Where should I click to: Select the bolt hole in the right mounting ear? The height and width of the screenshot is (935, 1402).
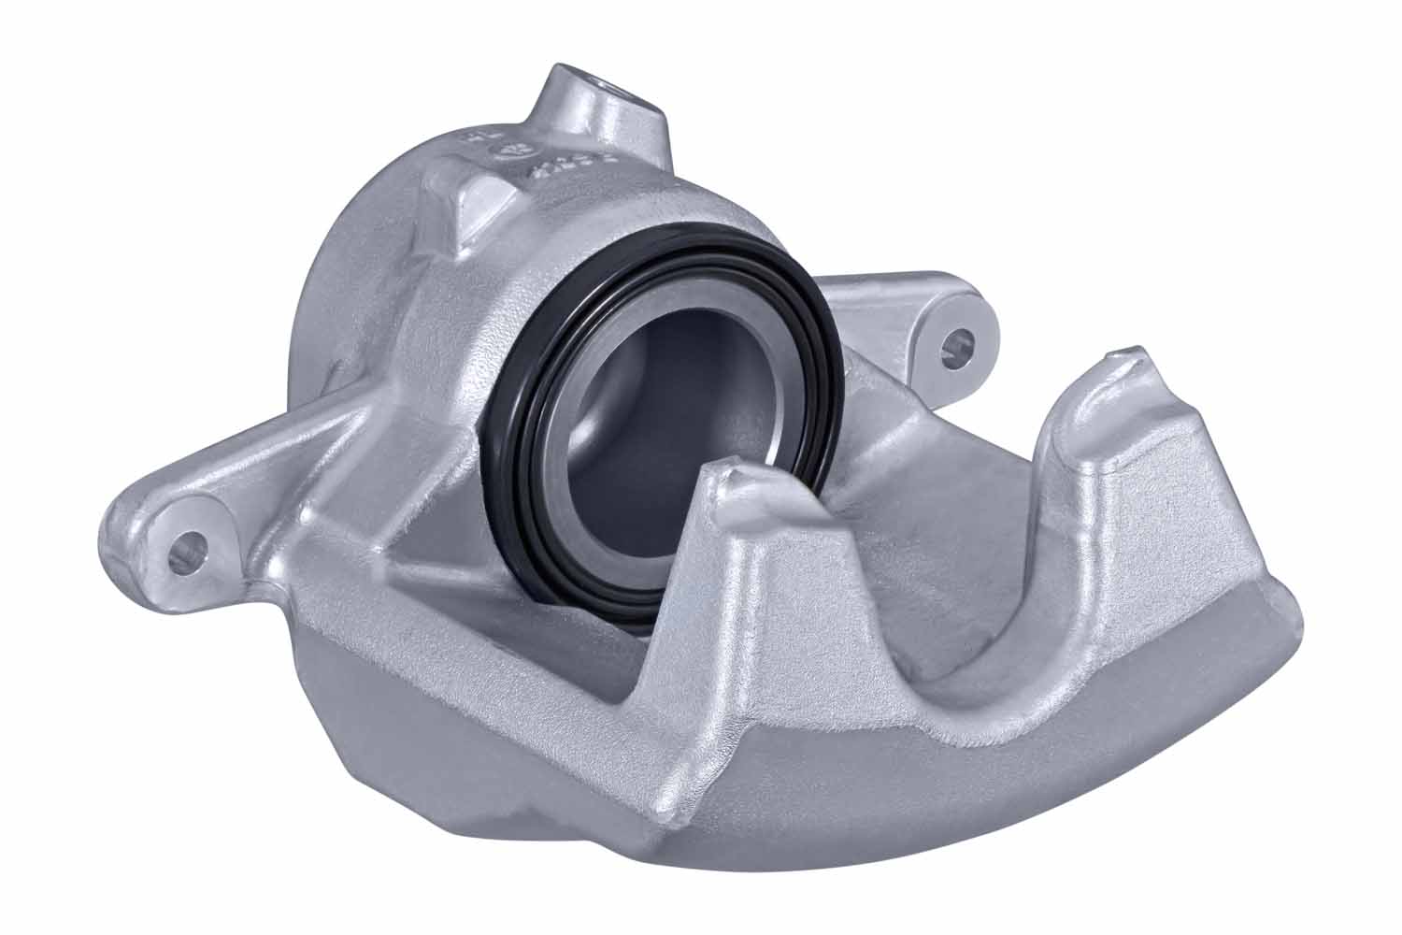(956, 344)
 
